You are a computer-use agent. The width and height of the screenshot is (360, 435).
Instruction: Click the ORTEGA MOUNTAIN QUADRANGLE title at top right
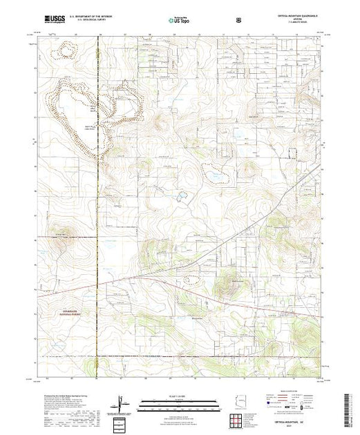tap(296, 19)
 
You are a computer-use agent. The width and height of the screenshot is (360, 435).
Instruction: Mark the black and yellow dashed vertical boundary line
tap(98, 207)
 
